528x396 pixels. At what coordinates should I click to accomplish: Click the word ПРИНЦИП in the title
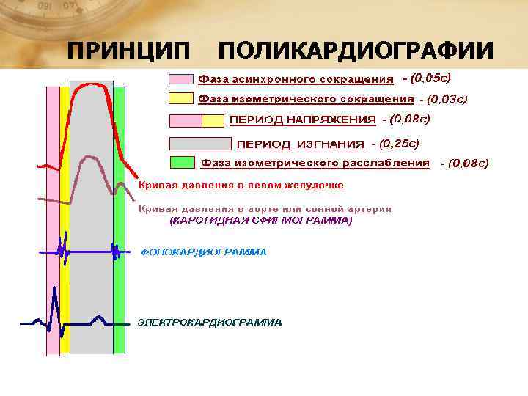click(128, 51)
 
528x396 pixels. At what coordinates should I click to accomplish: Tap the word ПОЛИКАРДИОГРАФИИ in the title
click(356, 51)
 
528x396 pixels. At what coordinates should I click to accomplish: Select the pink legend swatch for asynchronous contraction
click(182, 78)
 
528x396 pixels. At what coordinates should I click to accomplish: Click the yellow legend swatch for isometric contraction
click(182, 98)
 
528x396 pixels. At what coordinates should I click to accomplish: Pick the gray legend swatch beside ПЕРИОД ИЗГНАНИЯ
click(199, 144)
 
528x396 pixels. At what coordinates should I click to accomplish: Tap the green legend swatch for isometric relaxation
click(182, 162)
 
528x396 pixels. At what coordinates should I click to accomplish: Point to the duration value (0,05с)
click(427, 76)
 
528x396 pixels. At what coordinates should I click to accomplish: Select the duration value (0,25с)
click(400, 144)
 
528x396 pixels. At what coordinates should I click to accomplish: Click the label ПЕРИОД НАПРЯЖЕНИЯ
click(304, 120)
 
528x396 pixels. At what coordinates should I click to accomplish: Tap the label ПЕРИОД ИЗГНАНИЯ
click(300, 144)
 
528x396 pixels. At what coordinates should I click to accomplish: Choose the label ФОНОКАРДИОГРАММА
click(204, 252)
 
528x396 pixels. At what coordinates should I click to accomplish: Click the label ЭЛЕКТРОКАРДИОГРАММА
click(210, 322)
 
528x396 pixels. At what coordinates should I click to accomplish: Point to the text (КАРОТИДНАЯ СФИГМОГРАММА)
click(261, 220)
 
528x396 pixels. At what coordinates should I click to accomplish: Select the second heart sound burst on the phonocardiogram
click(115, 251)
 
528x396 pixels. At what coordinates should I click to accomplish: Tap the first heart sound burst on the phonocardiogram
click(64, 251)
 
